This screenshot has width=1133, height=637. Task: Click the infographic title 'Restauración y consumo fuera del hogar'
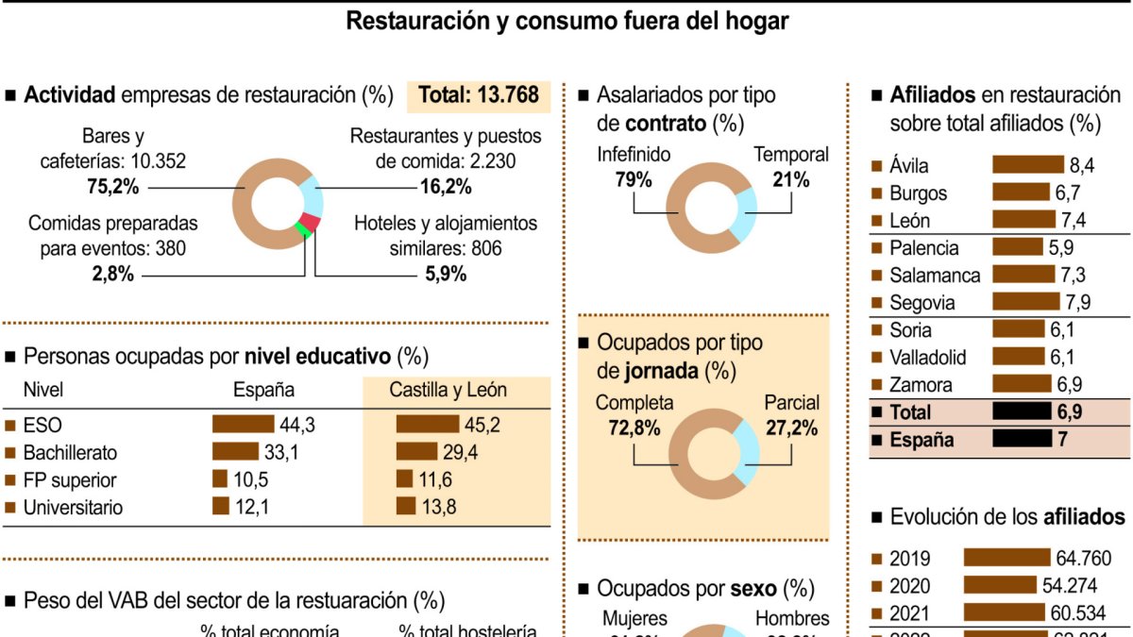566,21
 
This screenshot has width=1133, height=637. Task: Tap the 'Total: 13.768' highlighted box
479,95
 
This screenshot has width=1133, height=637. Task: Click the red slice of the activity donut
313,223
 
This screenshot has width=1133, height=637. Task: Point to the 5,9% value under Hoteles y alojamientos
446,275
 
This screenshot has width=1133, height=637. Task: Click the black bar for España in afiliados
1021,440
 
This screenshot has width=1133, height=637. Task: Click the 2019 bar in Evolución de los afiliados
1006,558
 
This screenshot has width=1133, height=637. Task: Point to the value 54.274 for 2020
1070,585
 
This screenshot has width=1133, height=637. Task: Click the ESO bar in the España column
243,425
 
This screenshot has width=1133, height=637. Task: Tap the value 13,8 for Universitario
439,508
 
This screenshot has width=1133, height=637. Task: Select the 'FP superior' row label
70,480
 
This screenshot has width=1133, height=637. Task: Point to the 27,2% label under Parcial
791,428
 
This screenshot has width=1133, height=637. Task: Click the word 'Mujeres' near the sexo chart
634,619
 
